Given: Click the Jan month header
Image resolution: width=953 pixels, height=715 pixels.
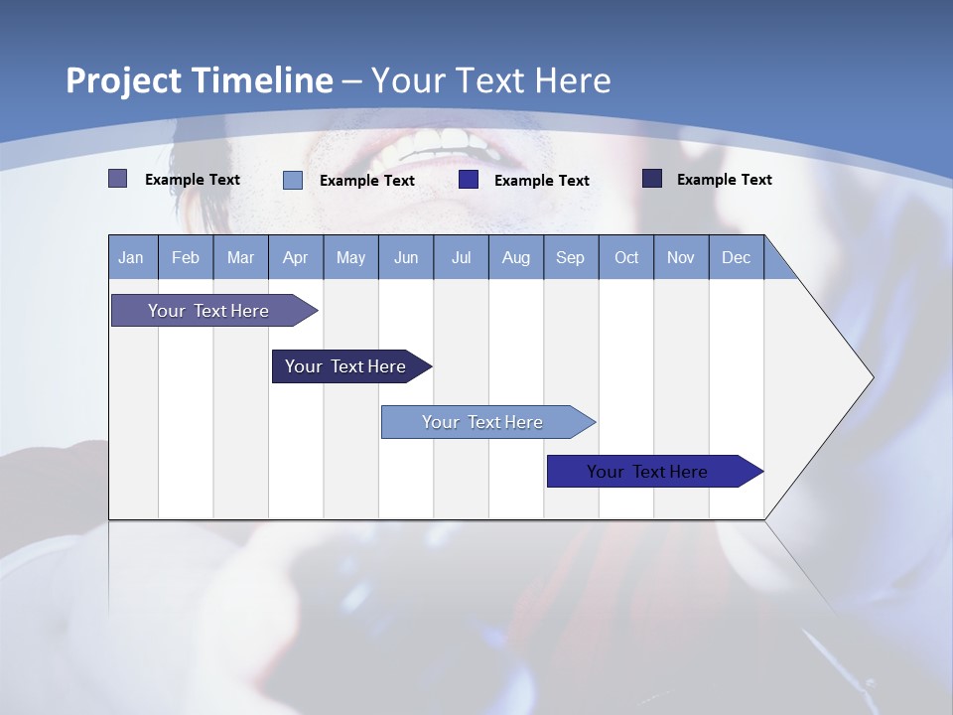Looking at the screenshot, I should [132, 257].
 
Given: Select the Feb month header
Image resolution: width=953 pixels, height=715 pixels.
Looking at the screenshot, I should [186, 257].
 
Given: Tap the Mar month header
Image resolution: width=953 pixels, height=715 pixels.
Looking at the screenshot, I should [240, 257].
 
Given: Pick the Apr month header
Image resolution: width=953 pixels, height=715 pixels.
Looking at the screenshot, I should [296, 257].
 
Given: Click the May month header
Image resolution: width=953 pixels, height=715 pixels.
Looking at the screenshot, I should [350, 257].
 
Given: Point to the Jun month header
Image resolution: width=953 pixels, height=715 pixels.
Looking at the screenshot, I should [406, 257].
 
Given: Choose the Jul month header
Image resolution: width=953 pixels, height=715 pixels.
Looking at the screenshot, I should [461, 257].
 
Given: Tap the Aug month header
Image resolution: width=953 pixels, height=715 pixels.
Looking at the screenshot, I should [516, 257].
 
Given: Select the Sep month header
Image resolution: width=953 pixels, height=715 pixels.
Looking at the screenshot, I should [571, 257].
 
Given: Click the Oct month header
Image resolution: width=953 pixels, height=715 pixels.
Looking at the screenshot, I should [626, 257].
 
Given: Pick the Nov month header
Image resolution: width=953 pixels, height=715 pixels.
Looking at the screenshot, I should [681, 257].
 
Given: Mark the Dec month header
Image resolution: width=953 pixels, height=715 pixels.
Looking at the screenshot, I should [737, 257].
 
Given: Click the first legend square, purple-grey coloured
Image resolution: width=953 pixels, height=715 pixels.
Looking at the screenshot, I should [118, 179].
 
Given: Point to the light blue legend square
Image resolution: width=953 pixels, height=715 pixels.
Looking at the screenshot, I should [293, 180].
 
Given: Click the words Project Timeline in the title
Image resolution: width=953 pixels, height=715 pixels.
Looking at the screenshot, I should [200, 80].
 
